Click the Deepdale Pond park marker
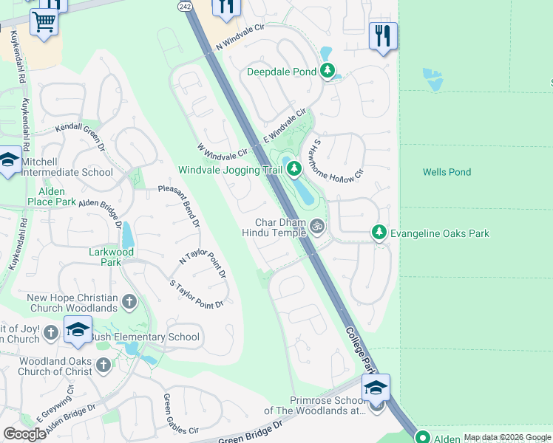click(328, 72)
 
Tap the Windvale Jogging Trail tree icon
click(294, 170)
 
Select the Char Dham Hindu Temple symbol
click(317, 227)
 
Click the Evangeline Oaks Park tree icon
click(379, 233)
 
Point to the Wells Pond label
click(447, 172)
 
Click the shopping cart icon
click(44, 23)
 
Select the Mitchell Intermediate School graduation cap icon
click(9, 160)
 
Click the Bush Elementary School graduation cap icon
click(78, 330)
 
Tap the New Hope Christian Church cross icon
click(129, 301)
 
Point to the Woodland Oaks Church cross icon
click(103, 364)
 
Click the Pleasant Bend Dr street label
click(179, 206)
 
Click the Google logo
click(24, 434)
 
